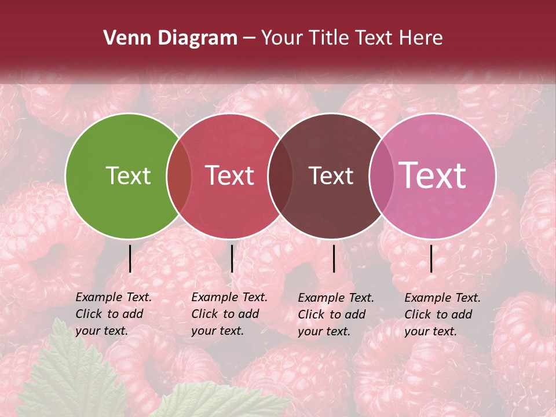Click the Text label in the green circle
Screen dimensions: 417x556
(128, 175)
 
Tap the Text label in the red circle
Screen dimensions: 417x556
(230, 175)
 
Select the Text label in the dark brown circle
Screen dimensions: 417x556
(331, 175)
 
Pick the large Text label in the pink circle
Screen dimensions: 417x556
(433, 175)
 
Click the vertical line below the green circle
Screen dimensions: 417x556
(130, 258)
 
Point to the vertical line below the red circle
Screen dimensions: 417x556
(232, 258)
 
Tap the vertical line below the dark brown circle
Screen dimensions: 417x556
(334, 258)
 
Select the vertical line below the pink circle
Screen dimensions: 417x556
(431, 258)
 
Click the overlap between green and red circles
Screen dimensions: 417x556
(179, 176)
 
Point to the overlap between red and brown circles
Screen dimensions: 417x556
(280, 176)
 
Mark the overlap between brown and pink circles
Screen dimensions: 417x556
(380, 176)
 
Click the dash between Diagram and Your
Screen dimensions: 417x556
(248, 39)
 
